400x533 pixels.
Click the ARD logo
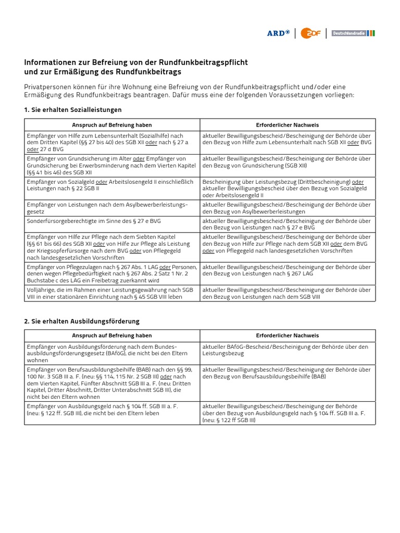tap(279, 33)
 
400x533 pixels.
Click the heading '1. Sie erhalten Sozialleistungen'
tap(73, 110)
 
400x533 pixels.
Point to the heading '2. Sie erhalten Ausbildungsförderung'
tap(82, 321)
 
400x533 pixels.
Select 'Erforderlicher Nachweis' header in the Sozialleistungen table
tap(287, 125)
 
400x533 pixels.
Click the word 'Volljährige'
tap(41, 289)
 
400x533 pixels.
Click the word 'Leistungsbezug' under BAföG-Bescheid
tap(223, 353)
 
